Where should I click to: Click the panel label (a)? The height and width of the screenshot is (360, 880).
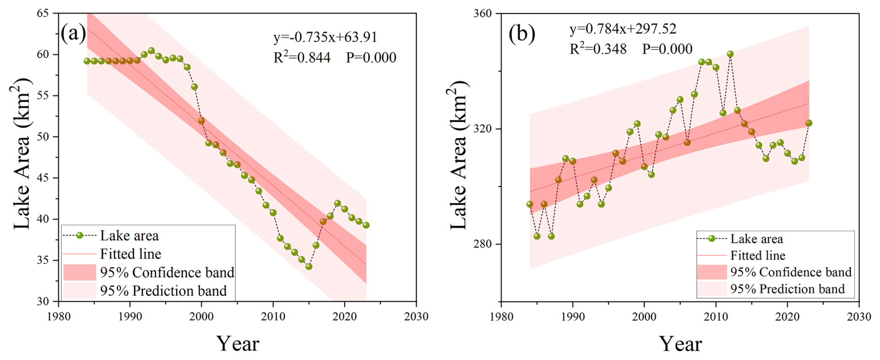pos(73,33)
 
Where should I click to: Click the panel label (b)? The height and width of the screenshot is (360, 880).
pos(522,33)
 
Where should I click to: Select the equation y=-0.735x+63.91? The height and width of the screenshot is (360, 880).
pos(325,37)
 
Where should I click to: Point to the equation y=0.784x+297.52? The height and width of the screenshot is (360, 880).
pos(623,29)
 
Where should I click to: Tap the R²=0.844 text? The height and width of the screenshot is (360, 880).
pos(302,57)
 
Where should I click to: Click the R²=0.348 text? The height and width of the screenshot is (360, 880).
pos(598,49)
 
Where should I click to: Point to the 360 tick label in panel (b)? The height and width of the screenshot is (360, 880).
pos(482,13)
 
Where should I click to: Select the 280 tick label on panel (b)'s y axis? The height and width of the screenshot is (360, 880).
pos(482,244)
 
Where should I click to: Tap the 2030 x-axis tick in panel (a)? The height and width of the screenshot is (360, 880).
pos(416,317)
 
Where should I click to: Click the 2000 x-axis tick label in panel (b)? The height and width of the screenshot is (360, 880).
pos(644,317)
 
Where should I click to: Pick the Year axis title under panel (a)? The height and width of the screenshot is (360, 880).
pos(238,344)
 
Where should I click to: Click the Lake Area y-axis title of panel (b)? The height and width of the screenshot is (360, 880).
pos(459,156)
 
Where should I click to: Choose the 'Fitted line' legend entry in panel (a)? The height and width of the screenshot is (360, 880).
pos(131,254)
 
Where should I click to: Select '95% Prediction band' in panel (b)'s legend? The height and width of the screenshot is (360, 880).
pos(787,289)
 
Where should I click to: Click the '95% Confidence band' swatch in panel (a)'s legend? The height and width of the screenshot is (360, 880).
pos(80,272)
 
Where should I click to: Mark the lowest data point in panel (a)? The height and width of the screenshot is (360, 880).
pos(309,267)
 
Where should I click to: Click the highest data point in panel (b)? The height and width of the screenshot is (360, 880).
pos(730,54)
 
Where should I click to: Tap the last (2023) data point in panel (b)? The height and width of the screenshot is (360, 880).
pos(809,123)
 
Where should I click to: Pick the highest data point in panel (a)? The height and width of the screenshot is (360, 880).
pos(151,51)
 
